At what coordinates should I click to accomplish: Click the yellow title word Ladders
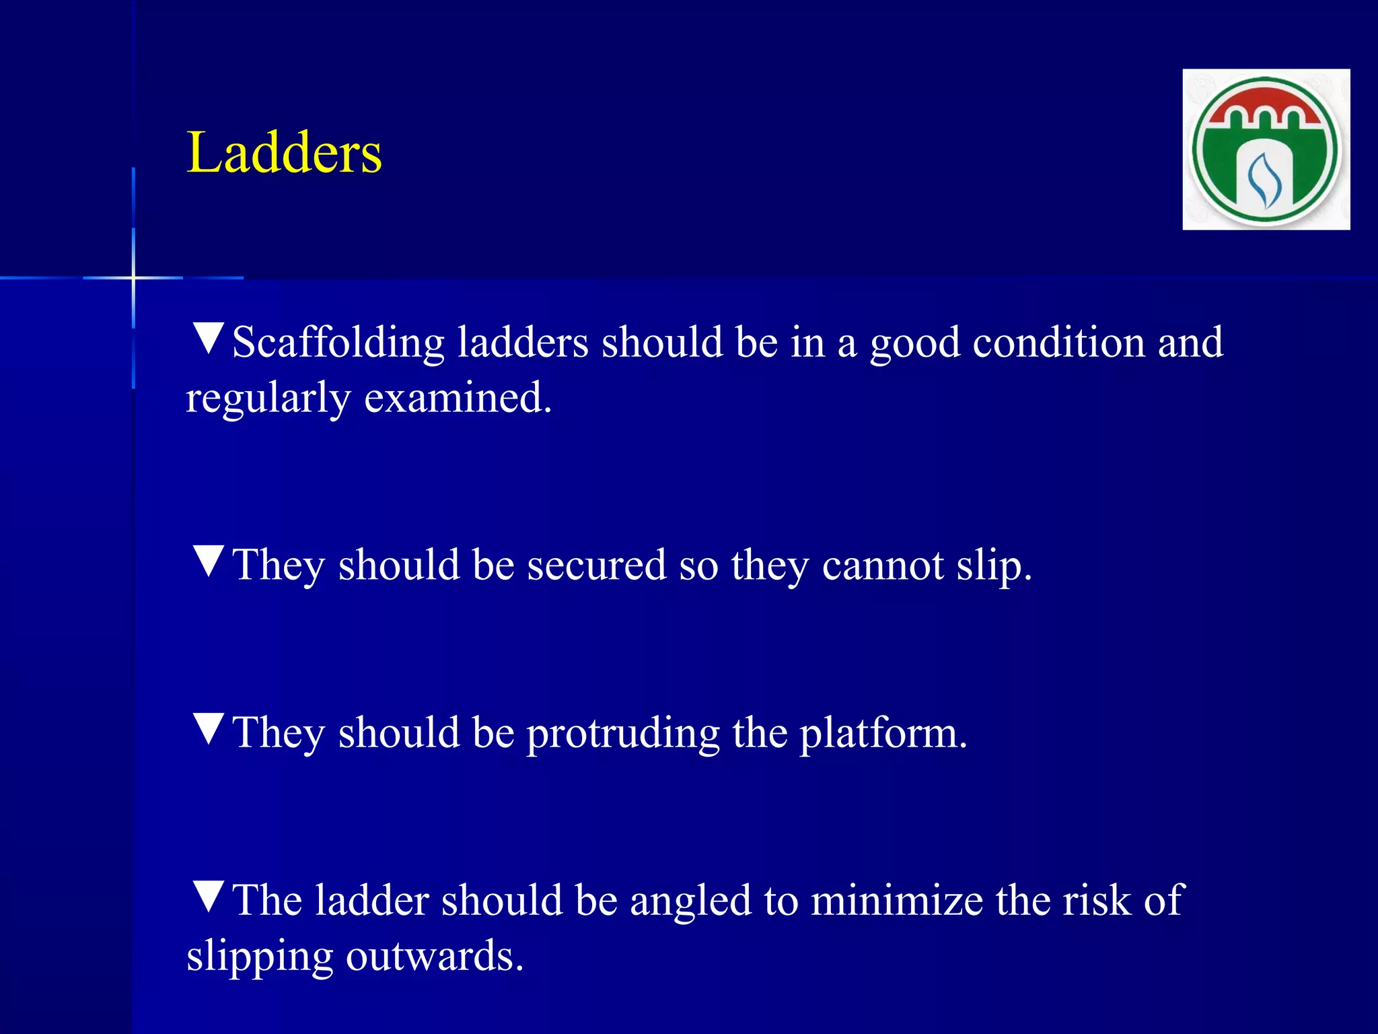tap(284, 153)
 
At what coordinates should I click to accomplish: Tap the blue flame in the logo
tap(1264, 180)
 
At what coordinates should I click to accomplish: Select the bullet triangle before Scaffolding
tap(209, 338)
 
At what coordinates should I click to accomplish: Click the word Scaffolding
tap(338, 343)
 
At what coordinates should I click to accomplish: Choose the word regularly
tap(268, 399)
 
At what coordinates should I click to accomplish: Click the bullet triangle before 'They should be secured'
tap(209, 560)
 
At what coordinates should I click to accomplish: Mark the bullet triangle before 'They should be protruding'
tap(209, 728)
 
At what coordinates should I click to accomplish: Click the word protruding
tap(622, 734)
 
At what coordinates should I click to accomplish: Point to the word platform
tap(883, 734)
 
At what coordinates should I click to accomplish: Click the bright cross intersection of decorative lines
tap(133, 277)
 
